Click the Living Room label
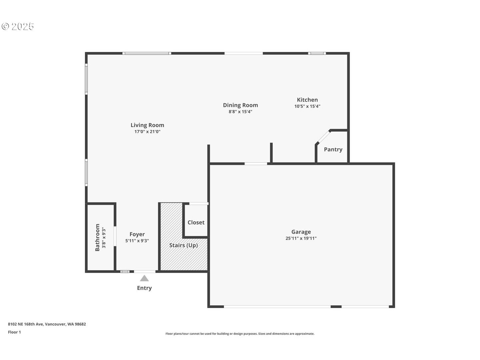point(147,125)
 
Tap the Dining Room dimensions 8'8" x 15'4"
point(240,112)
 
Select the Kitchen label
point(307,100)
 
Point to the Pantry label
point(333,149)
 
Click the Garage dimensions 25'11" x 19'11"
point(301,238)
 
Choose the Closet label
point(196,222)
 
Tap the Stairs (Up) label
point(183,245)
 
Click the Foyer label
point(137,234)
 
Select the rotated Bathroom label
point(97,237)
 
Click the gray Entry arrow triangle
point(144,278)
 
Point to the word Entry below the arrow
point(144,288)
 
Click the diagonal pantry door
point(323,137)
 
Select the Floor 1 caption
point(14,332)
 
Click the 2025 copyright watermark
point(18,26)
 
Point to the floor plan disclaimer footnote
point(240,334)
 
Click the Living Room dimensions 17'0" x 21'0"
point(147,132)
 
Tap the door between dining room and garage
point(256,164)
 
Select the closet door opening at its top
point(199,203)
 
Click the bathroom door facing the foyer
point(115,236)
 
